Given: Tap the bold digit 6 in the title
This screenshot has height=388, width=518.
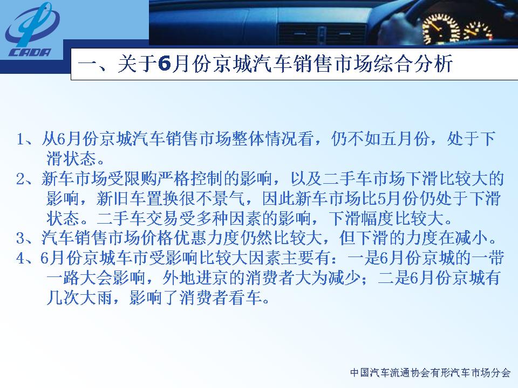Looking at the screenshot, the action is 164,64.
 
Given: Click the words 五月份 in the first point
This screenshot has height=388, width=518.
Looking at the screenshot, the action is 405,139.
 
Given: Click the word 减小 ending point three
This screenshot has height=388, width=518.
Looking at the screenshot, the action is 471,238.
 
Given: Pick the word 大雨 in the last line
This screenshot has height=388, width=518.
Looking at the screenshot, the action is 96,298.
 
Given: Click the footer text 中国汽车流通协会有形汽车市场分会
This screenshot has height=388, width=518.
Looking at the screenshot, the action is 431,373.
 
